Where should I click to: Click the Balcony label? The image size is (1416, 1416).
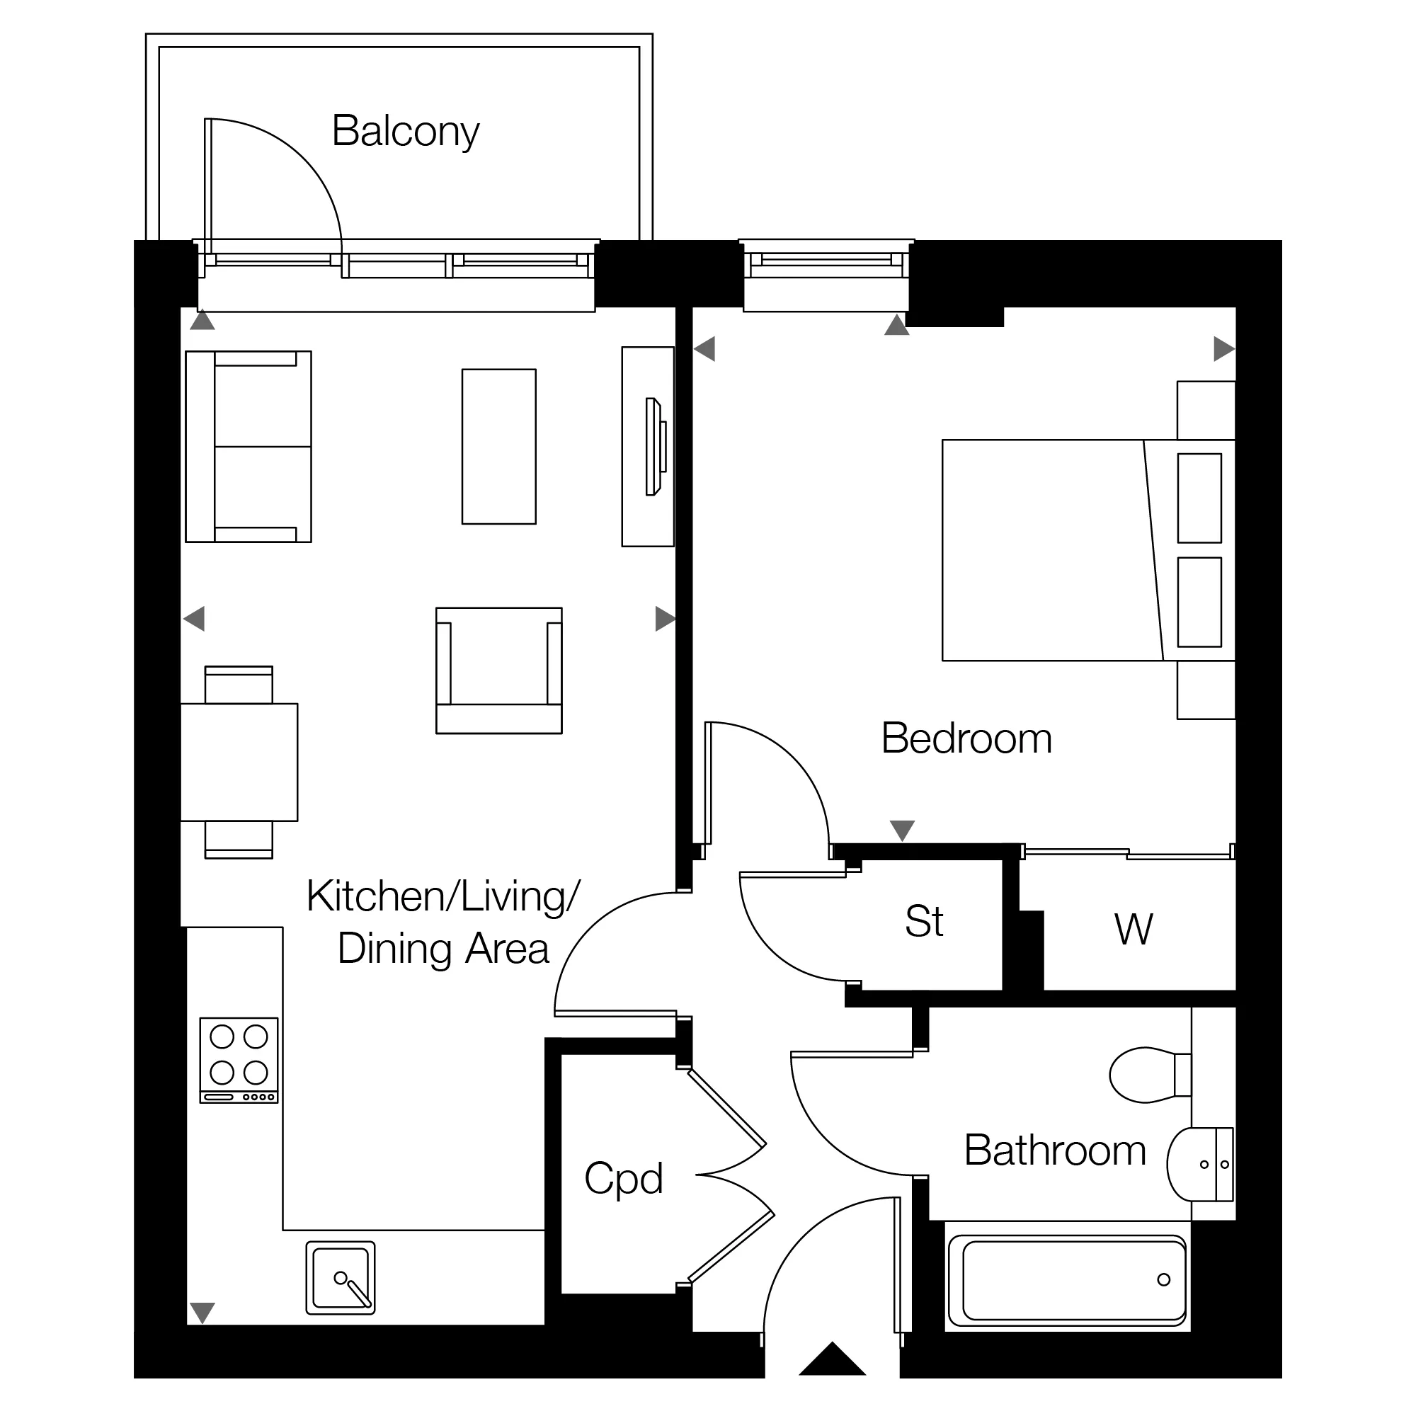(405, 132)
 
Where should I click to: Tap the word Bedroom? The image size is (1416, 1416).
(966, 738)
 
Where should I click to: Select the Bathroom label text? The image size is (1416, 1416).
(1055, 1150)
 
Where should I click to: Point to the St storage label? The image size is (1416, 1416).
(924, 921)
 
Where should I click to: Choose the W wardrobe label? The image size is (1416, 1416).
(1133, 929)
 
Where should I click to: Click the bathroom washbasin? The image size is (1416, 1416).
(1200, 1164)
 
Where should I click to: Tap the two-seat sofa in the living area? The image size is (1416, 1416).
(249, 446)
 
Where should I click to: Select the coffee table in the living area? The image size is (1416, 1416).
(499, 446)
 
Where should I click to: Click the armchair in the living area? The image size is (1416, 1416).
(499, 670)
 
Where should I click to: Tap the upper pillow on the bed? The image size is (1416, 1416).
(1199, 498)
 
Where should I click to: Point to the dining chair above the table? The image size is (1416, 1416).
(239, 685)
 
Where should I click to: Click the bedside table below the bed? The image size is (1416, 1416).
(1206, 690)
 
